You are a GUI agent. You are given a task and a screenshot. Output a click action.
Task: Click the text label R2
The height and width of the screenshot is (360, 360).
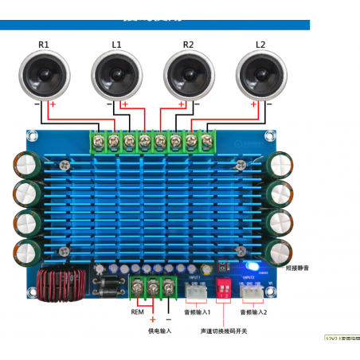point(189,44)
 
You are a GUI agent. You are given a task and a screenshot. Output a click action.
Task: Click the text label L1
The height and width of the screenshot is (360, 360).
point(116,44)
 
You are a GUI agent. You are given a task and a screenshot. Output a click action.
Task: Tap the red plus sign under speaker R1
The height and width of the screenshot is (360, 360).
point(53,104)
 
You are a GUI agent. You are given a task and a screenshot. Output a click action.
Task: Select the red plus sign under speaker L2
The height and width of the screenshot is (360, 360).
point(253,104)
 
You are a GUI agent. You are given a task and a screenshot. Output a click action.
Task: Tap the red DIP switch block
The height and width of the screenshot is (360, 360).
point(223,292)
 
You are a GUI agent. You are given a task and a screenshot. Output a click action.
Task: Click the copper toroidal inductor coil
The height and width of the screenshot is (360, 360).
point(58,286)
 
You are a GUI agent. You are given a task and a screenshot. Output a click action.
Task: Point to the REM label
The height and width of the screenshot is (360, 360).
point(138,312)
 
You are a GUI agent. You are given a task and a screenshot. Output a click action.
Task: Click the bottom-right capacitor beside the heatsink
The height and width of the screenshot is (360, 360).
point(280,250)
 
